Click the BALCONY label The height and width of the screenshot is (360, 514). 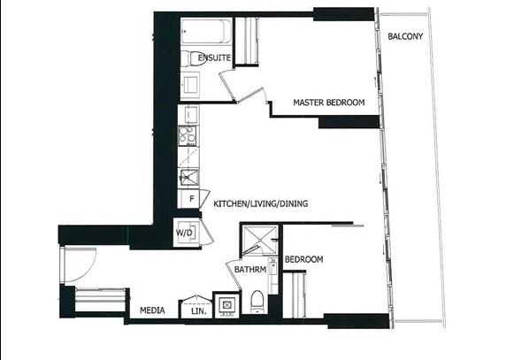click(405, 36)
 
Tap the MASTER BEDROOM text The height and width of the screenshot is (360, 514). click(329, 103)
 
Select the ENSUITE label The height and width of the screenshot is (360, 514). click(214, 57)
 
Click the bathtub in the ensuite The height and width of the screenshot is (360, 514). click(206, 32)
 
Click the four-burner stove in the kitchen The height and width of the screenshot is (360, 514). click(188, 135)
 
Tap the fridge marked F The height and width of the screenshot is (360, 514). click(188, 199)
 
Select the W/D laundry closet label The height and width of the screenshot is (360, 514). click(185, 234)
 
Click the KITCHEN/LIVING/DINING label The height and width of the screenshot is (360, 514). click(261, 203)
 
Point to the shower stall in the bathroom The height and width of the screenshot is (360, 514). click(259, 241)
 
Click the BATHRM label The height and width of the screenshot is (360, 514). click(250, 270)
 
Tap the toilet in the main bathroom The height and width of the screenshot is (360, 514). click(257, 302)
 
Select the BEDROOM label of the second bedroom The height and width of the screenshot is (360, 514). click(303, 260)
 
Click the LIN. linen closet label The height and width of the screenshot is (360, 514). click(199, 310)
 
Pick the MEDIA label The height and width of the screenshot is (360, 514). click(152, 310)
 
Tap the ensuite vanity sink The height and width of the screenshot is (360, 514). click(191, 84)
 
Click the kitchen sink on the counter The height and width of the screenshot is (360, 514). click(189, 178)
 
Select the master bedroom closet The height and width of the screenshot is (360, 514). click(248, 41)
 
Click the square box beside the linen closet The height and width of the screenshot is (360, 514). click(226, 305)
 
